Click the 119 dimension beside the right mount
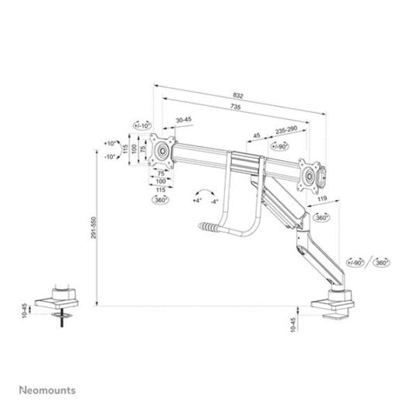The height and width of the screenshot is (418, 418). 321,200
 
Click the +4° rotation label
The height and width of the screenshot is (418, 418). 196,200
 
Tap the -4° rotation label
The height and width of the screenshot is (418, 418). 215,201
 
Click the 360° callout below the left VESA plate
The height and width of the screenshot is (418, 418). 161,200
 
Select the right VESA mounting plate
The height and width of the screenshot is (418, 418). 307,173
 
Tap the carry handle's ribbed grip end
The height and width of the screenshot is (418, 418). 206,227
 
